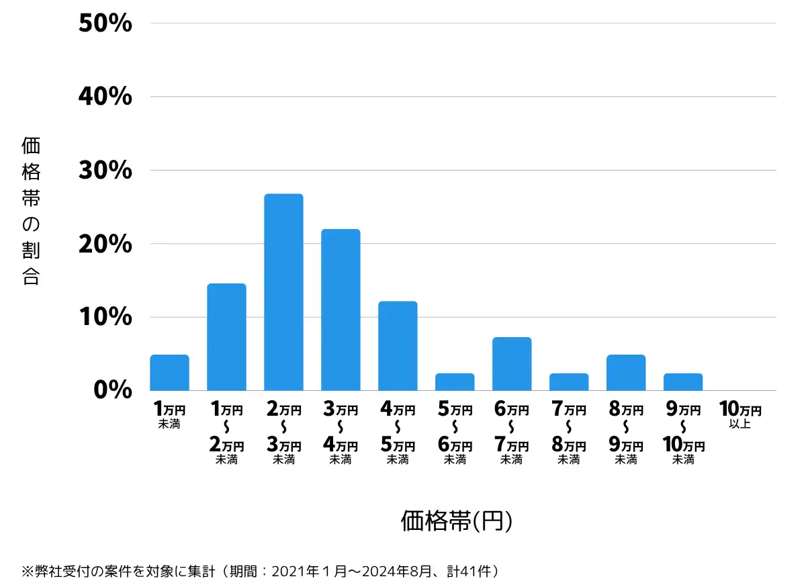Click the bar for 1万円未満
click(169, 373)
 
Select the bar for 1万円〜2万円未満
click(226, 337)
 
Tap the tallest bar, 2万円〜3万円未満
click(283, 292)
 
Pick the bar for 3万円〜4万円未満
click(341, 310)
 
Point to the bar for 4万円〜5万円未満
click(398, 346)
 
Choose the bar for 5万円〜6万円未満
click(455, 382)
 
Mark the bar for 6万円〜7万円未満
click(512, 364)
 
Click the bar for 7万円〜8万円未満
click(569, 382)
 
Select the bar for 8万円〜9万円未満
click(626, 373)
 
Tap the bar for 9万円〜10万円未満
click(683, 382)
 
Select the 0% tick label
click(113, 390)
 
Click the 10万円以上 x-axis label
click(740, 414)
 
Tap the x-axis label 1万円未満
click(169, 414)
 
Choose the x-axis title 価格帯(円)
click(457, 521)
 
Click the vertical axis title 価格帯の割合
click(31, 211)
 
